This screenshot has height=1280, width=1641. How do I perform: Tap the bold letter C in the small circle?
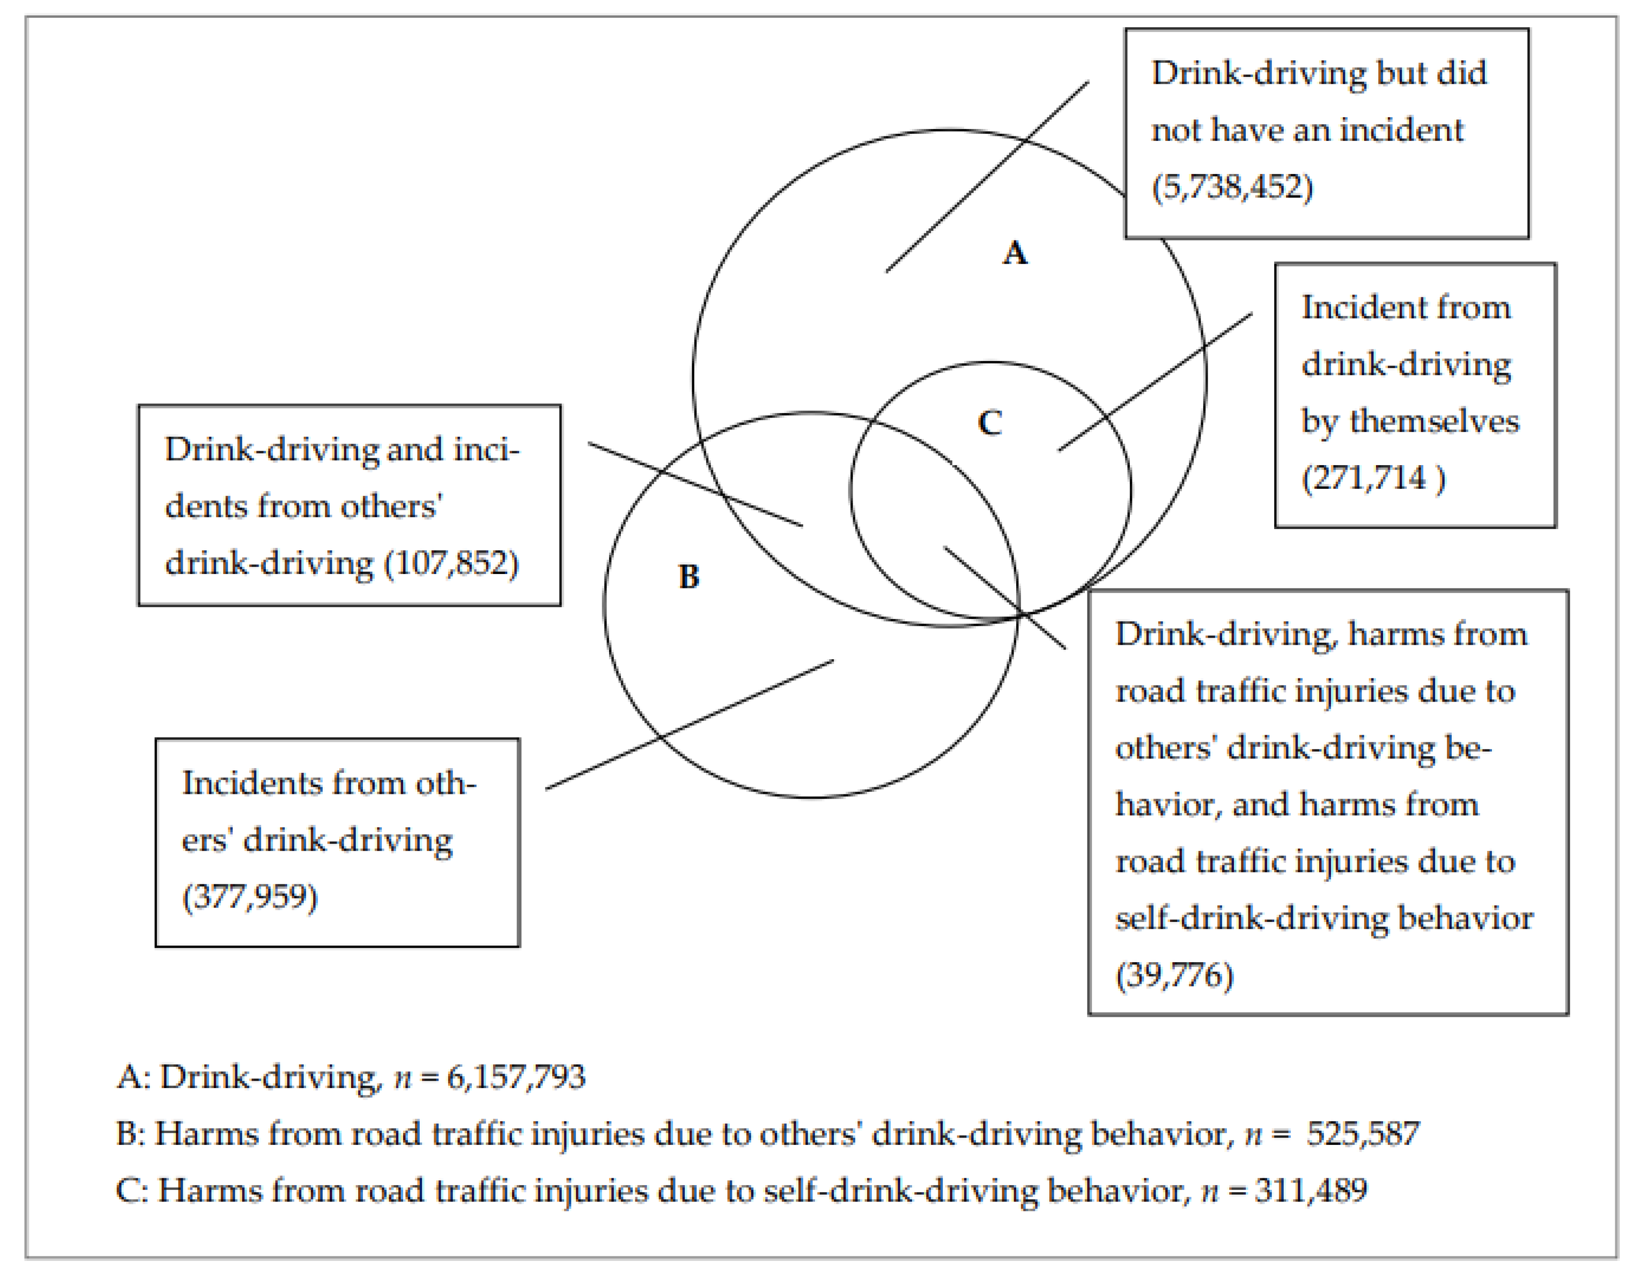[989, 423]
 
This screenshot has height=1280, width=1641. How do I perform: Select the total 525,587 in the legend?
[1362, 1134]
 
